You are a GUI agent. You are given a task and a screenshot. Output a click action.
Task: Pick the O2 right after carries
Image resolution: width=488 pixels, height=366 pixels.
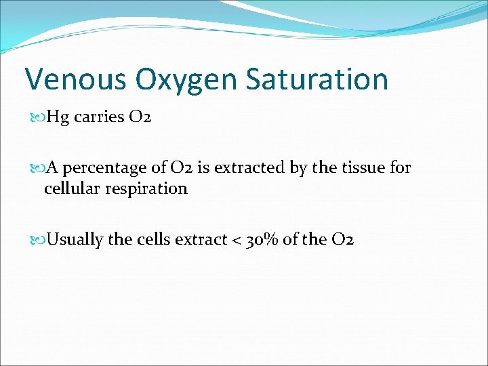[x=139, y=118]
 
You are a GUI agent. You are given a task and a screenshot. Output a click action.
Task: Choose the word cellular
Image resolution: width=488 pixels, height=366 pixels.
[x=68, y=188]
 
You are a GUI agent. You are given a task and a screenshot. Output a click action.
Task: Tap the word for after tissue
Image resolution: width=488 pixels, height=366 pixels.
[x=401, y=168]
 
